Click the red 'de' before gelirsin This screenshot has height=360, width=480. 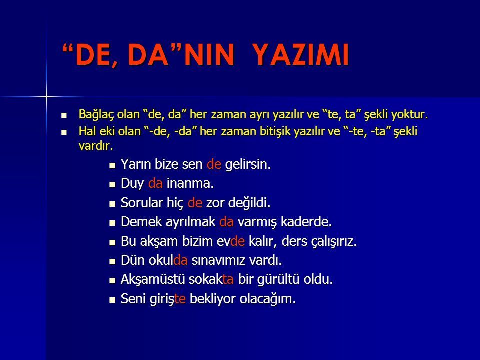(213, 165)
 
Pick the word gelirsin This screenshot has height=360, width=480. (248, 165)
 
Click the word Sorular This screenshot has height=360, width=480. (140, 203)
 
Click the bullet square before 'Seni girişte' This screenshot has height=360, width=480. (112, 300)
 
